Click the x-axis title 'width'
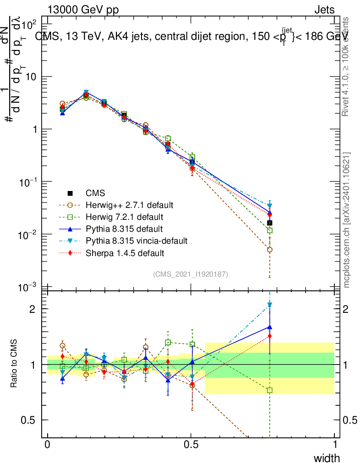tap(326, 458)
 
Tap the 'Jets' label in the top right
tap(324, 10)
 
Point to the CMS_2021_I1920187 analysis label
tap(191, 274)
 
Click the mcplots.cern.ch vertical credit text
tap(347, 220)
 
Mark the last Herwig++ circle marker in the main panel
tap(270, 250)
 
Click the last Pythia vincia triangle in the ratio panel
tap(270, 305)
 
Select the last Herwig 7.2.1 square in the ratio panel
tap(270, 390)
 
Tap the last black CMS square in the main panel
tap(270, 223)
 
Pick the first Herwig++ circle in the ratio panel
tap(63, 346)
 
